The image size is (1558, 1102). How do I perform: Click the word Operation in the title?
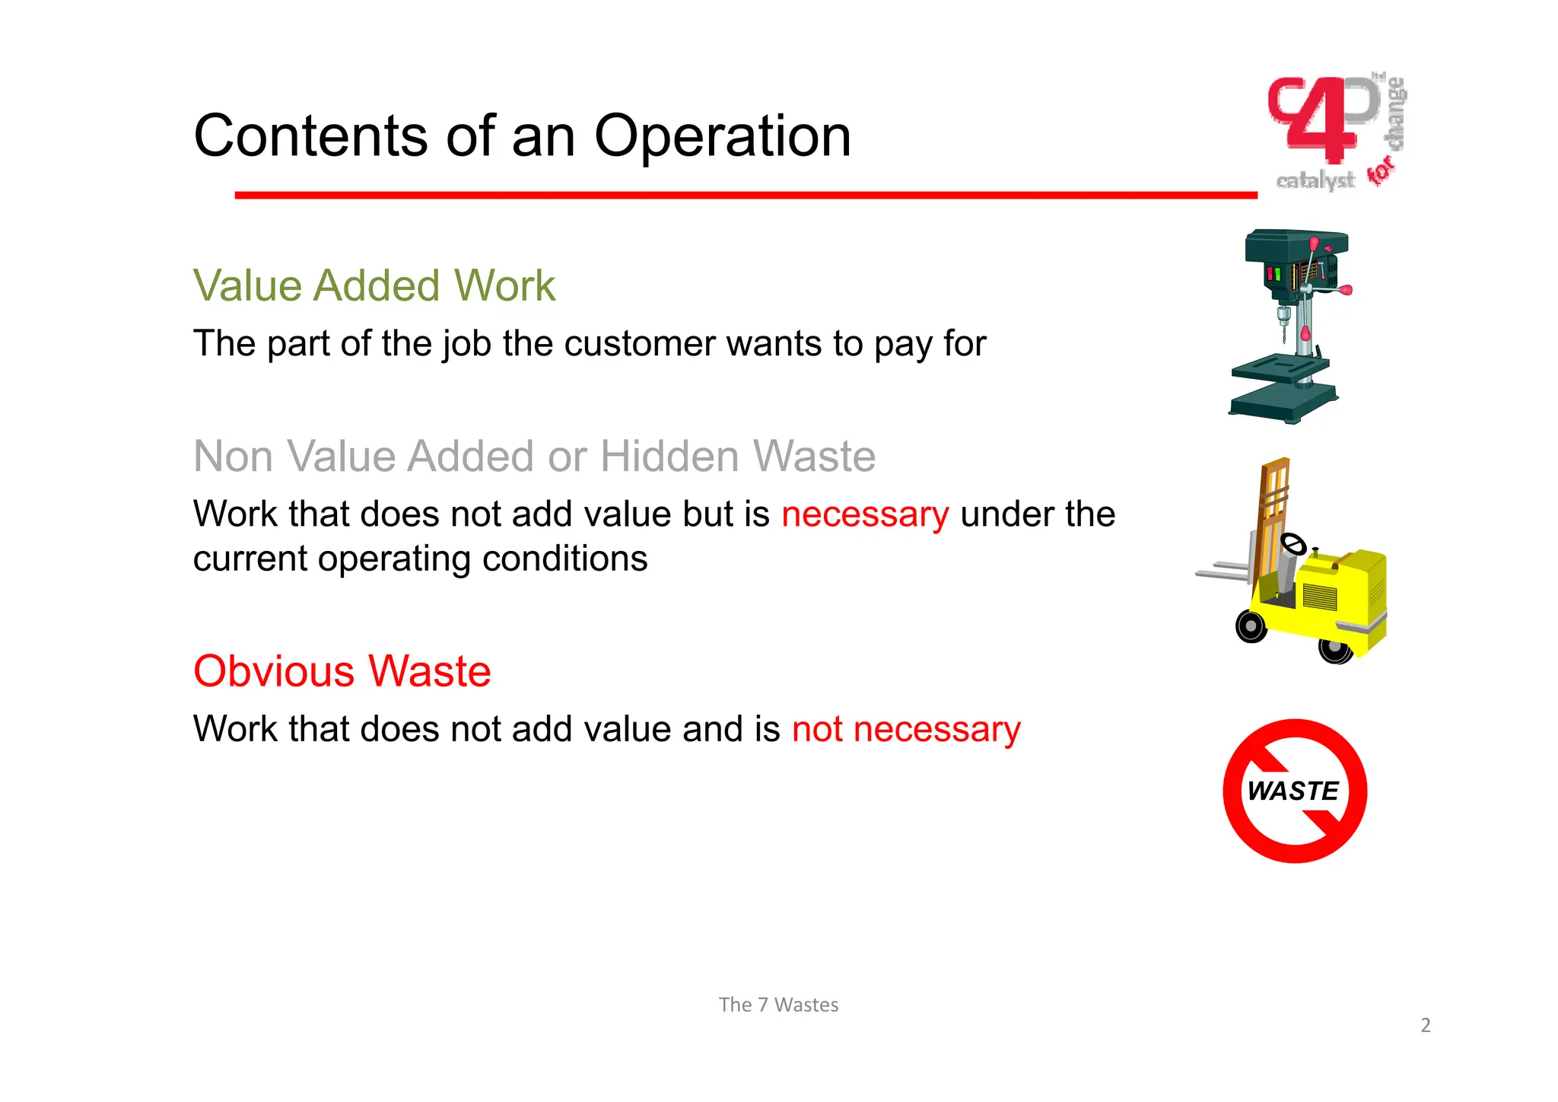click(x=722, y=137)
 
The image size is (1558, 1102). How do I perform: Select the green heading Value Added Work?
click(x=374, y=286)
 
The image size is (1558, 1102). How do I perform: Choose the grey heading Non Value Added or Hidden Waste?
click(x=534, y=457)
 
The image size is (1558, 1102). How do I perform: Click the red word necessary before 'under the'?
click(x=865, y=514)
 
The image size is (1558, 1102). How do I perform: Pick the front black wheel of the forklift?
click(x=1251, y=626)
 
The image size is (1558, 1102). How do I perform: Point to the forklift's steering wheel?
click(x=1293, y=543)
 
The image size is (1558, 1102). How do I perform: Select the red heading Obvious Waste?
click(x=342, y=671)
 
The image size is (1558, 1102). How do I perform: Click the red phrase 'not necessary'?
click(x=906, y=729)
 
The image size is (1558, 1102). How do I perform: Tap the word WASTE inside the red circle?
click(x=1293, y=791)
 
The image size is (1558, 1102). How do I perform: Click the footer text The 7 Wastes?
click(x=778, y=1005)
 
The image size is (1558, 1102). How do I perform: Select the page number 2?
click(x=1426, y=1025)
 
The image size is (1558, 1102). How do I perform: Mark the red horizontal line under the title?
click(x=746, y=196)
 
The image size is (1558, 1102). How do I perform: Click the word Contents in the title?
click(x=312, y=137)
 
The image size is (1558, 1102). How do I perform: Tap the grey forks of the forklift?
click(x=1222, y=572)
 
